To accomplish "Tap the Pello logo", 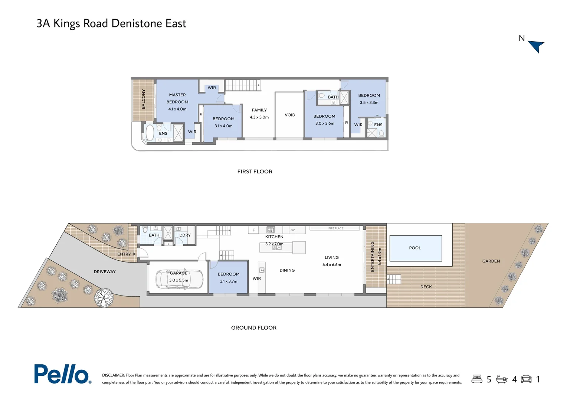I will (62, 374).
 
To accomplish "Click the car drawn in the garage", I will (180, 279).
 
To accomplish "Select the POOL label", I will (415, 248).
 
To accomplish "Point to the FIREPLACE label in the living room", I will (335, 228).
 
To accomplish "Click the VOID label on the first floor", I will (290, 115).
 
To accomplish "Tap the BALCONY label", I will (144, 99).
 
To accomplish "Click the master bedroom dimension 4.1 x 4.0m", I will (177, 109).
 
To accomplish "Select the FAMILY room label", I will (259, 110).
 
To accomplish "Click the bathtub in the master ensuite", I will (150, 133).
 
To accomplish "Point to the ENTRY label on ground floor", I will (124, 254).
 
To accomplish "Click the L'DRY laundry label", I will (185, 235).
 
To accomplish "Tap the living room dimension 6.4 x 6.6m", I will (331, 265).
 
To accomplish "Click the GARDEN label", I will (491, 261).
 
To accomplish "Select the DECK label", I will (426, 287).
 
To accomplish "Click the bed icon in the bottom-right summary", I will (477, 379).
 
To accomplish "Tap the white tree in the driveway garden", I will (104, 298).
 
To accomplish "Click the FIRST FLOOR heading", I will (255, 172).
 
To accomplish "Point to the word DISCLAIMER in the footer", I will (113, 375).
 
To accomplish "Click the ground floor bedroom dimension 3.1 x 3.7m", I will (229, 281).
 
